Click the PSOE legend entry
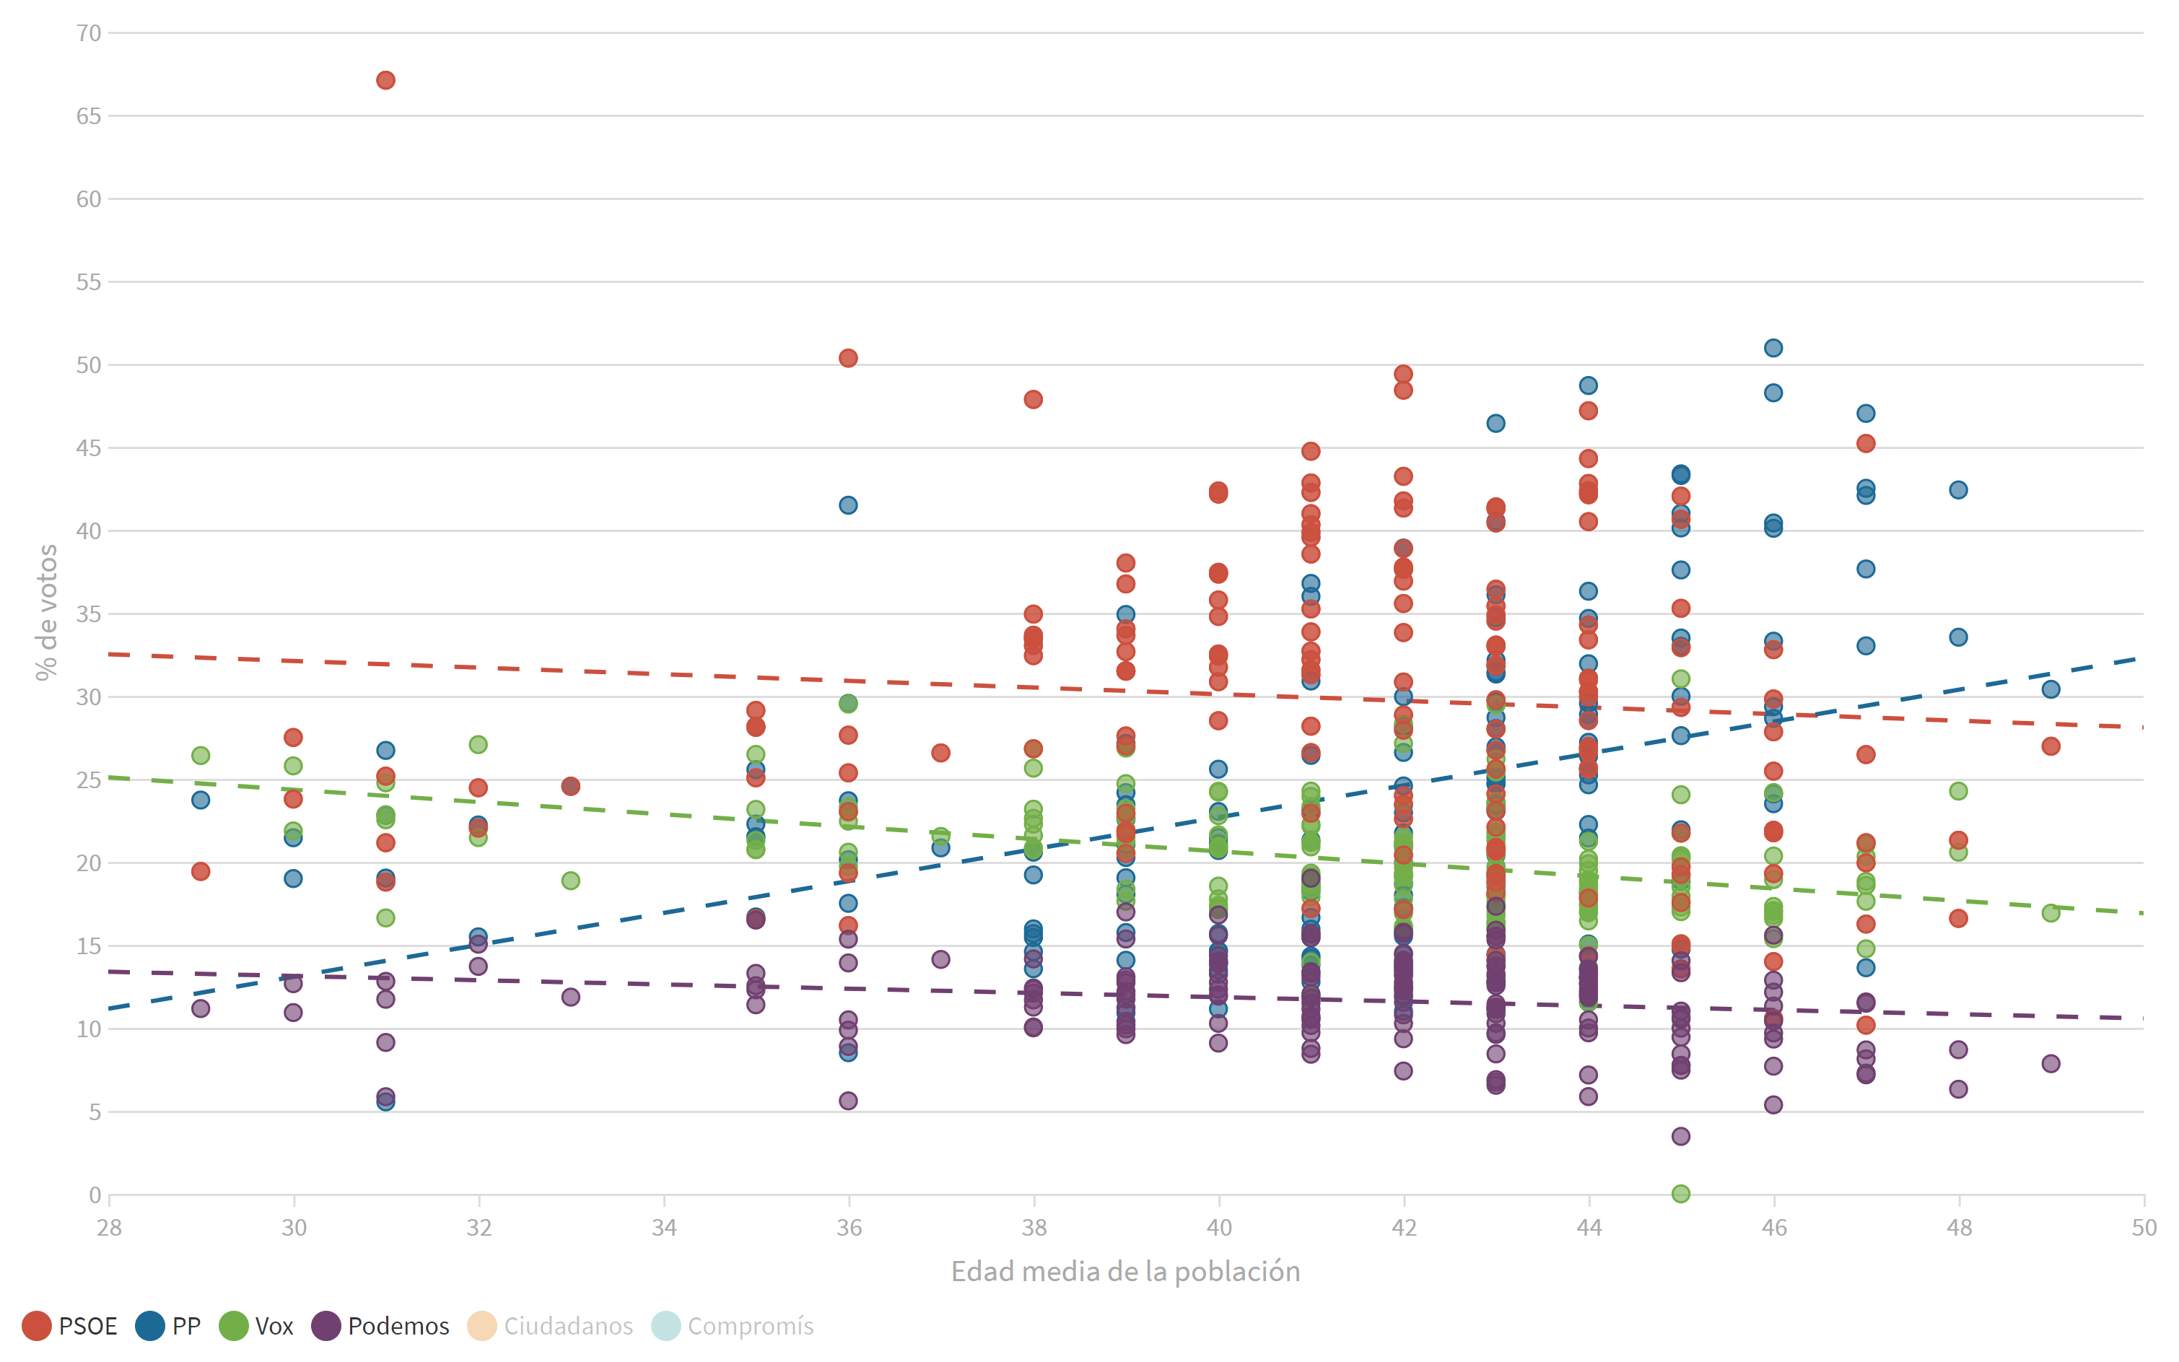click(70, 1326)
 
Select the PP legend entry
click(168, 1326)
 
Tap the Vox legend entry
click(257, 1326)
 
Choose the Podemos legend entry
click(380, 1326)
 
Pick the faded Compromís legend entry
click(733, 1326)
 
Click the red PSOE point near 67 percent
click(385, 80)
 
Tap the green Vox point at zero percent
click(1681, 1194)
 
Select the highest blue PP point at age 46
click(1773, 348)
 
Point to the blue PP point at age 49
click(2051, 689)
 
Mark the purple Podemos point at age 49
click(2051, 1063)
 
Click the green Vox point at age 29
click(201, 755)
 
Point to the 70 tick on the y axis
click(88, 33)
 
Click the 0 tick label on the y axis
click(95, 1195)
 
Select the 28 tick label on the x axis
click(109, 1227)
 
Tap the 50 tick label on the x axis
click(2144, 1227)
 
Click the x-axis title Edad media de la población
click(1125, 1271)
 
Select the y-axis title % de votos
click(47, 613)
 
